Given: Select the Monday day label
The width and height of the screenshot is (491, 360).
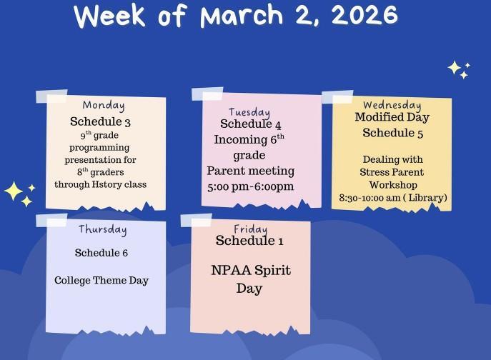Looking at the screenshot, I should [x=104, y=106].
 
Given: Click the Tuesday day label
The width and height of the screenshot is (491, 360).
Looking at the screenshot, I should [x=249, y=112].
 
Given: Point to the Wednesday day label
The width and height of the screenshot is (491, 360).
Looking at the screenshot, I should [x=392, y=105].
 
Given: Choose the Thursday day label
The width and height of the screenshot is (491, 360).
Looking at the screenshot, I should [x=102, y=229].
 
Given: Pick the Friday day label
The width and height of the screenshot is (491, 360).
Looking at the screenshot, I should [x=250, y=229].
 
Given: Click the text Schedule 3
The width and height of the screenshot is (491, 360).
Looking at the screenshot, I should [x=100, y=122].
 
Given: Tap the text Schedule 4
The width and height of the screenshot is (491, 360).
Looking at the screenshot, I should [x=250, y=125].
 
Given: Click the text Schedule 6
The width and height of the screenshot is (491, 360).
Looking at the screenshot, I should [x=101, y=253].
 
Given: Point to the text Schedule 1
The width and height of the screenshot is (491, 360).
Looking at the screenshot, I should [x=249, y=241].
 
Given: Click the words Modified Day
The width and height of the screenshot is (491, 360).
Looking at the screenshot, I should [x=392, y=117].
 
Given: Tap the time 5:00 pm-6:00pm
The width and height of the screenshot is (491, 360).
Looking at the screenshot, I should [x=250, y=186].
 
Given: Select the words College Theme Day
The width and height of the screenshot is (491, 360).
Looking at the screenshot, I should [x=101, y=280].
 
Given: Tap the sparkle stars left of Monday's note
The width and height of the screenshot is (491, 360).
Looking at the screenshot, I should [x=19, y=192].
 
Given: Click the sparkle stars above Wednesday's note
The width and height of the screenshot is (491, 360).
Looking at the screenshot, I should [x=458, y=69].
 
